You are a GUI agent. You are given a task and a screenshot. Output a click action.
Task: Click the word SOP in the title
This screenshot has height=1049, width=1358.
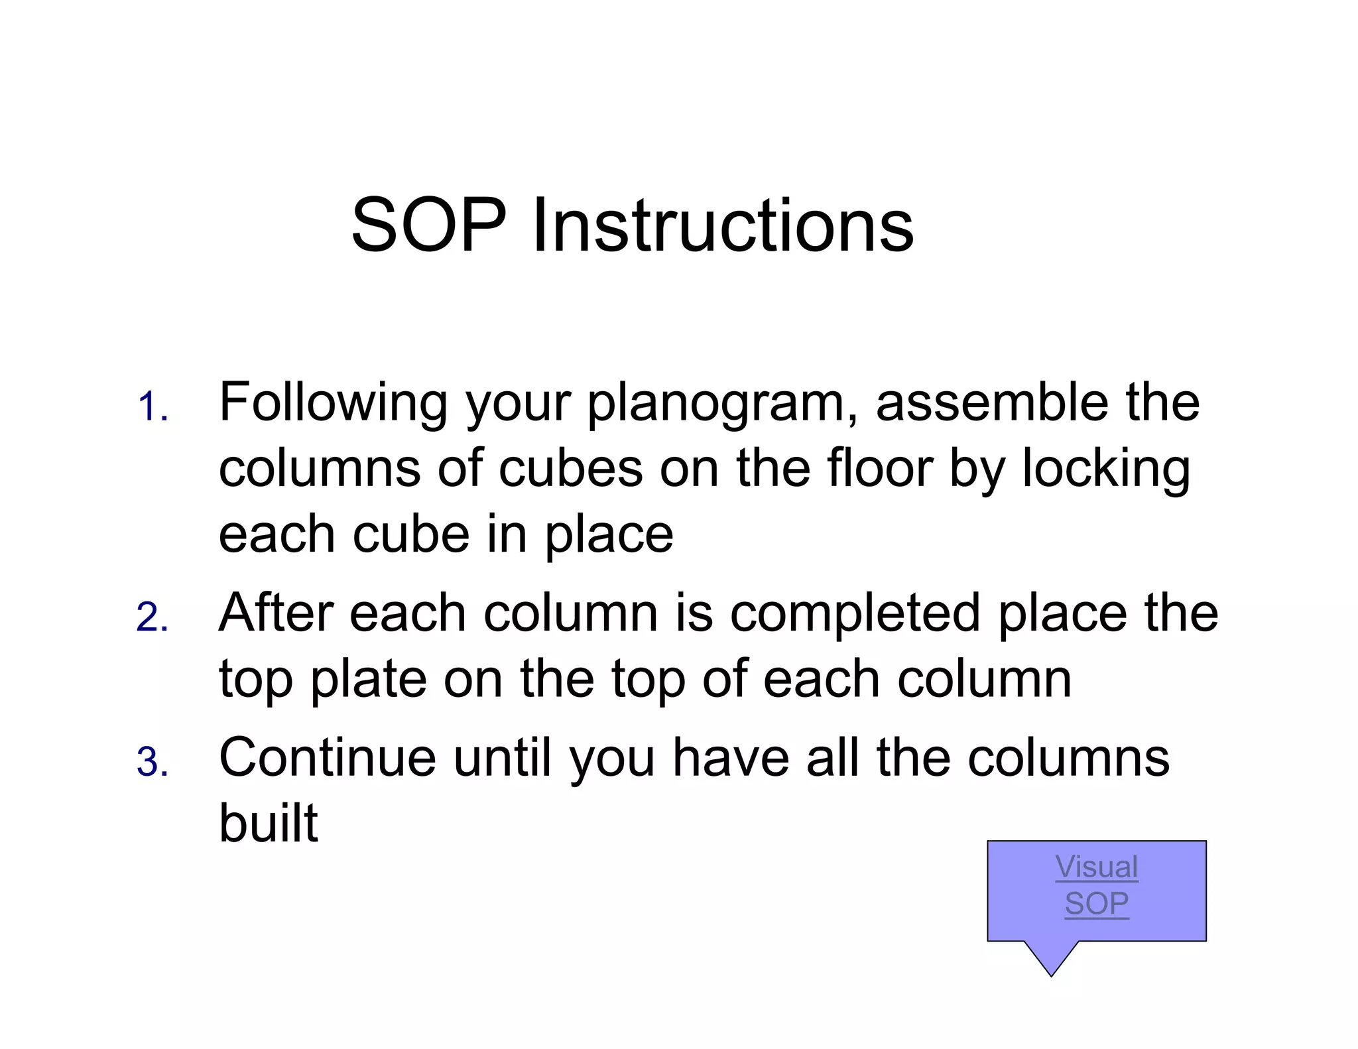(428, 225)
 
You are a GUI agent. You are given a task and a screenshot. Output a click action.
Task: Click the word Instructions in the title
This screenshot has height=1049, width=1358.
(723, 225)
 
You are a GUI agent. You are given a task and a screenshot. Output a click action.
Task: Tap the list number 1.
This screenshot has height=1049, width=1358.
(152, 406)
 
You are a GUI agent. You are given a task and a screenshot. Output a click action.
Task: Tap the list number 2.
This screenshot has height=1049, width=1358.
(152, 617)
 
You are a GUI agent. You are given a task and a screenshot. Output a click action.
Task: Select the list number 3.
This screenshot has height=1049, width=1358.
(152, 762)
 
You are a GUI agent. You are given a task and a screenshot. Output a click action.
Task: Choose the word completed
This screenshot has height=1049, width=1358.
(855, 614)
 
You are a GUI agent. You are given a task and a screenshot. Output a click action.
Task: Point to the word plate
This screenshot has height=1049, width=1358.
(368, 680)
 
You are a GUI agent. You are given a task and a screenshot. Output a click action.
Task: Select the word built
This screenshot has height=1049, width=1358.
(269, 823)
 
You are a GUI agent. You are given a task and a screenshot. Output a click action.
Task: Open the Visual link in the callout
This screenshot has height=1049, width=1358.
(1097, 867)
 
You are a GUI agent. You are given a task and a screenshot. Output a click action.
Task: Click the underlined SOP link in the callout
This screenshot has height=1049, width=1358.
(1097, 904)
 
